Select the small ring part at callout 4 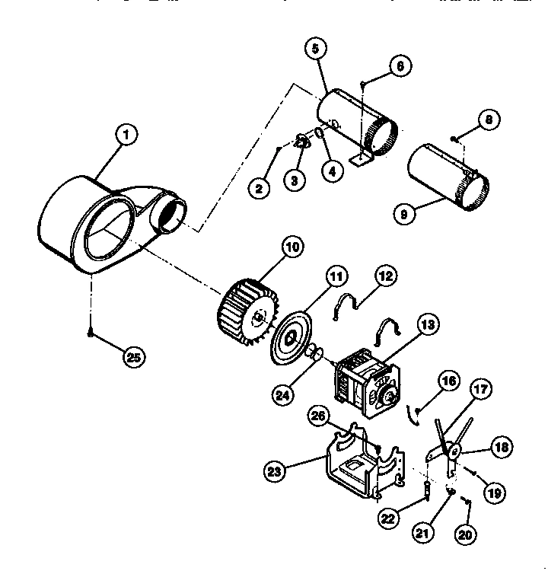[320, 136]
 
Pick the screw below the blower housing [91, 333]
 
